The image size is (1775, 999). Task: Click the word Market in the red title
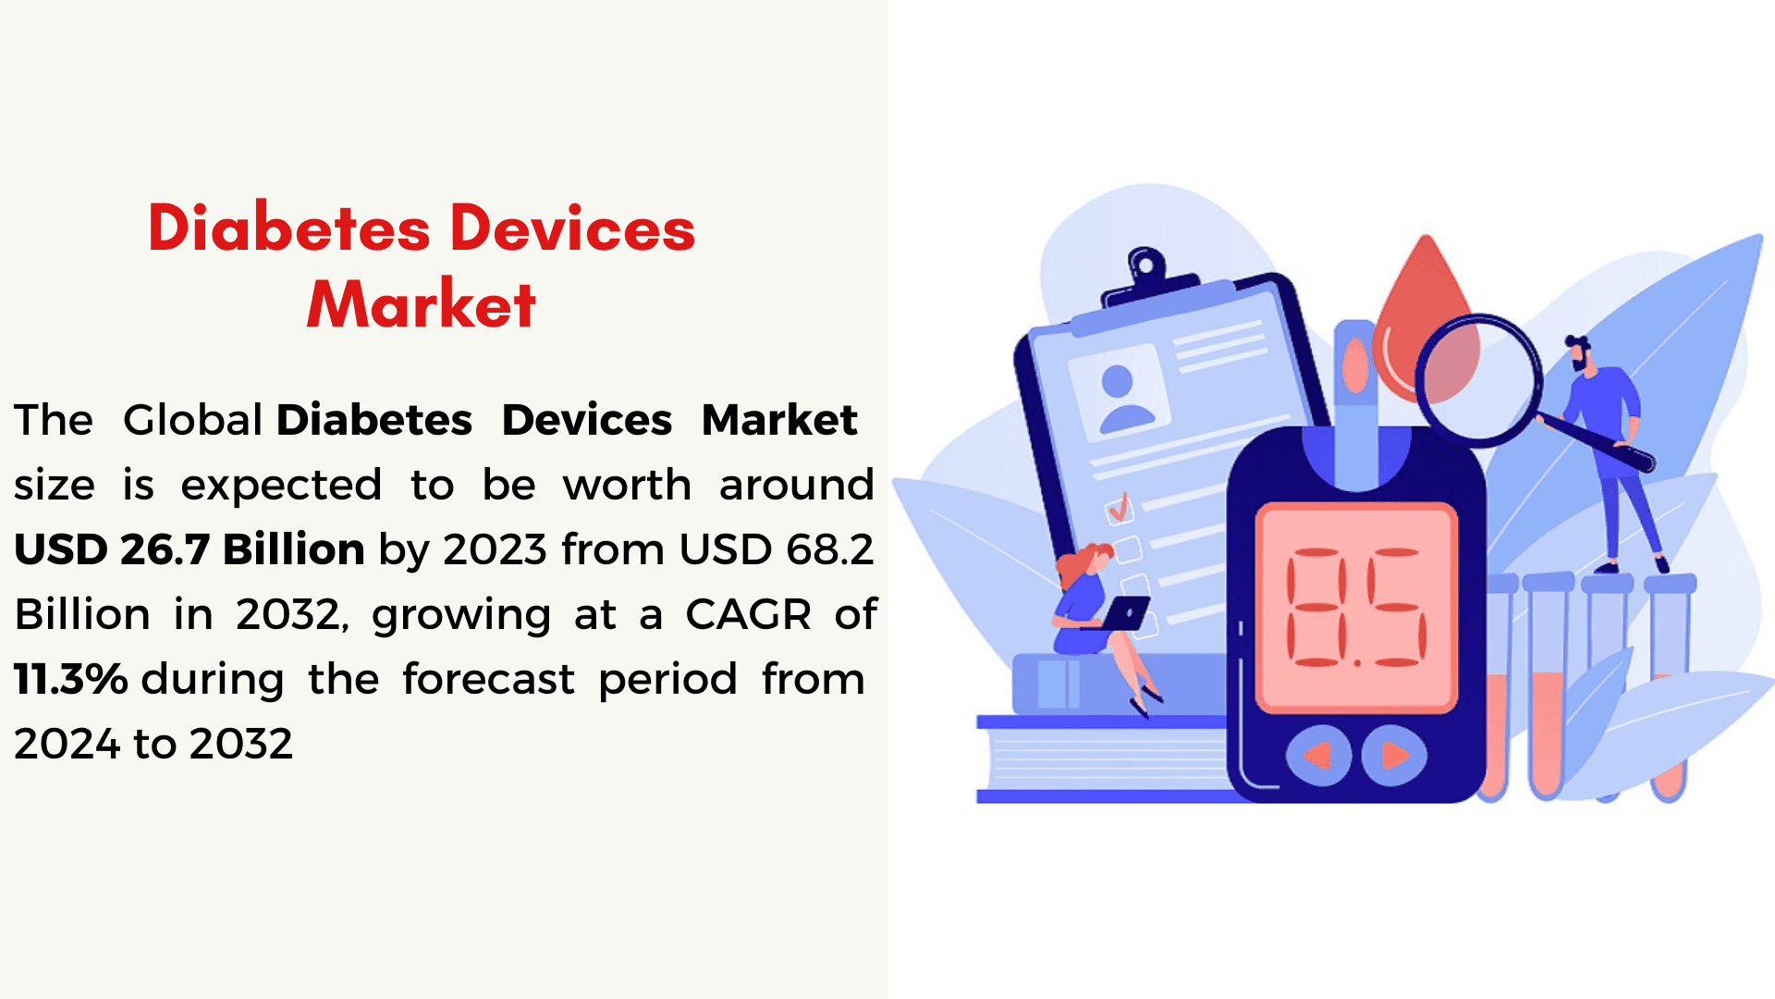[x=422, y=303]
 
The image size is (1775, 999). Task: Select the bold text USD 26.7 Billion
[x=190, y=549]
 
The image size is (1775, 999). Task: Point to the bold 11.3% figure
[x=71, y=679]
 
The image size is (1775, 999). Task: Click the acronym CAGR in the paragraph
[x=749, y=614]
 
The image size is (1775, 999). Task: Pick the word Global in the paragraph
[x=193, y=420]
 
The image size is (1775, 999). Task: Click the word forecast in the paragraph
[x=488, y=679]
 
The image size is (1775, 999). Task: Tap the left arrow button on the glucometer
[x=1318, y=756]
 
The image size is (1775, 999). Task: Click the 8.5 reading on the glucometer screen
[x=1356, y=608]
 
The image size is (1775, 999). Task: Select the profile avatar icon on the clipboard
[x=1120, y=398]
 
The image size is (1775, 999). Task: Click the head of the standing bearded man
[x=1579, y=352]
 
